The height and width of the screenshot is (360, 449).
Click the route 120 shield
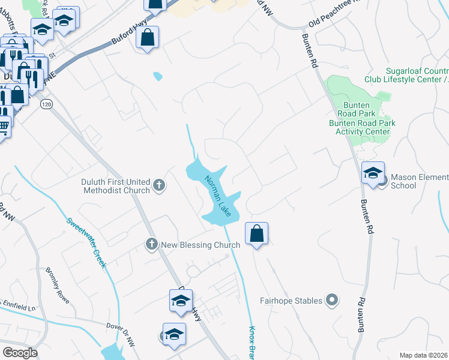(x=46, y=104)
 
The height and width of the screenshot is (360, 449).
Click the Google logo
(x=20, y=353)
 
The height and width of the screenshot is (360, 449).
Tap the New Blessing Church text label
(x=201, y=244)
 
